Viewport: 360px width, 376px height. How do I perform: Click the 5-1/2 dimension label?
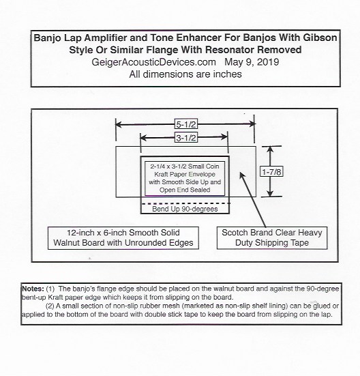(x=186, y=124)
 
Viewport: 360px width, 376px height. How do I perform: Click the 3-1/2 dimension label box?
(x=186, y=138)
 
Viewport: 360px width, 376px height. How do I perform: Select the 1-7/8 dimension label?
(x=271, y=172)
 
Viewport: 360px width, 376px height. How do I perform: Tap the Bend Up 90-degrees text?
(x=185, y=209)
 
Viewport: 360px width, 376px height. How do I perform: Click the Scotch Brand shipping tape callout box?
(x=272, y=238)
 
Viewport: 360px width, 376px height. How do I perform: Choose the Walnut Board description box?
(x=123, y=238)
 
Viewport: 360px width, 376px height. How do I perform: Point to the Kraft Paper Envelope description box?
(x=185, y=178)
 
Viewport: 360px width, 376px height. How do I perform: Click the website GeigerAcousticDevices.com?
(x=154, y=62)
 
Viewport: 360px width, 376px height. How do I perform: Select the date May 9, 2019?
(x=252, y=62)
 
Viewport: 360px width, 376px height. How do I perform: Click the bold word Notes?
(x=33, y=289)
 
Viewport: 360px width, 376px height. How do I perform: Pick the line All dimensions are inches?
(x=185, y=74)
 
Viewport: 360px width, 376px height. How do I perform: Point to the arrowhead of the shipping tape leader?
(x=242, y=175)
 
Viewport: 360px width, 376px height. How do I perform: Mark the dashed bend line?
(x=186, y=203)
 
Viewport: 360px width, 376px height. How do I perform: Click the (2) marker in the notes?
(x=50, y=306)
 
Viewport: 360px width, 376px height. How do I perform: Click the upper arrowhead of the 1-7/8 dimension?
(x=270, y=149)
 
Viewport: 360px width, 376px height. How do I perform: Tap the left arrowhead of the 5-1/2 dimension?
(x=119, y=124)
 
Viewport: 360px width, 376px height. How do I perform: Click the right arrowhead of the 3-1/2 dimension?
(x=224, y=137)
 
